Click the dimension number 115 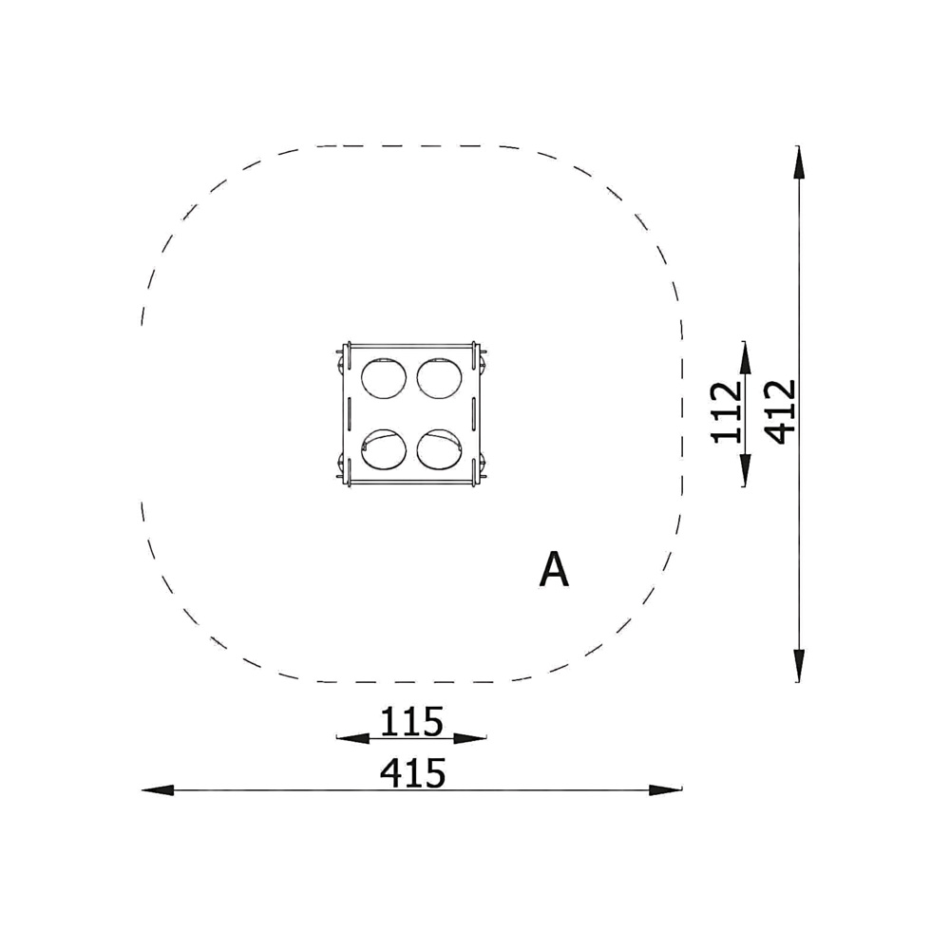[411, 721]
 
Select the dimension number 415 [412, 773]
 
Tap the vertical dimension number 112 [727, 412]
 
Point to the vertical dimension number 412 [780, 412]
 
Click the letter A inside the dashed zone [554, 569]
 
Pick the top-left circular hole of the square [384, 379]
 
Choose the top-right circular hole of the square [439, 379]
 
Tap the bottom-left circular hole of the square [384, 449]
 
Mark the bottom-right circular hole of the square [439, 449]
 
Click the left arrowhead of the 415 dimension [158, 790]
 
